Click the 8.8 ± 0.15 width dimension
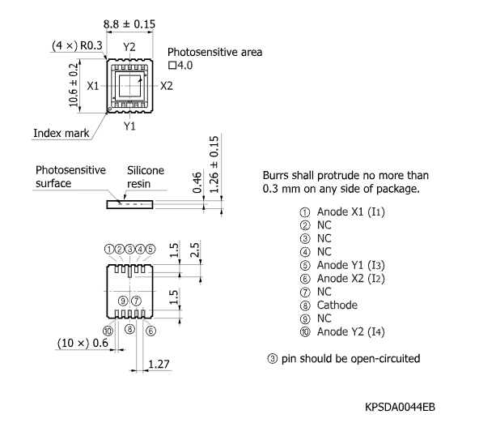click(129, 23)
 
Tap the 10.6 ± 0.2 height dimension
click(74, 85)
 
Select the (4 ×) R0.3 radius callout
click(77, 45)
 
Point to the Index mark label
click(61, 133)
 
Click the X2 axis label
click(167, 86)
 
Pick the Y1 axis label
click(129, 126)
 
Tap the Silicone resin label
click(146, 177)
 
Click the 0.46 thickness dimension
click(197, 182)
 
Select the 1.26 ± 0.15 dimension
click(214, 164)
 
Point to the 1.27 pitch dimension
click(159, 364)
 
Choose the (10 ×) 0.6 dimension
click(83, 343)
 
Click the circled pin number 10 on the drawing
click(108, 331)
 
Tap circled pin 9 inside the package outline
click(123, 301)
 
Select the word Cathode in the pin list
click(337, 305)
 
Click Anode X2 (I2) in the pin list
click(350, 279)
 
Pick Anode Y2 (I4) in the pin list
click(350, 331)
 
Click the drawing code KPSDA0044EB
click(400, 408)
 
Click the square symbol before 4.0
click(172, 65)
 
